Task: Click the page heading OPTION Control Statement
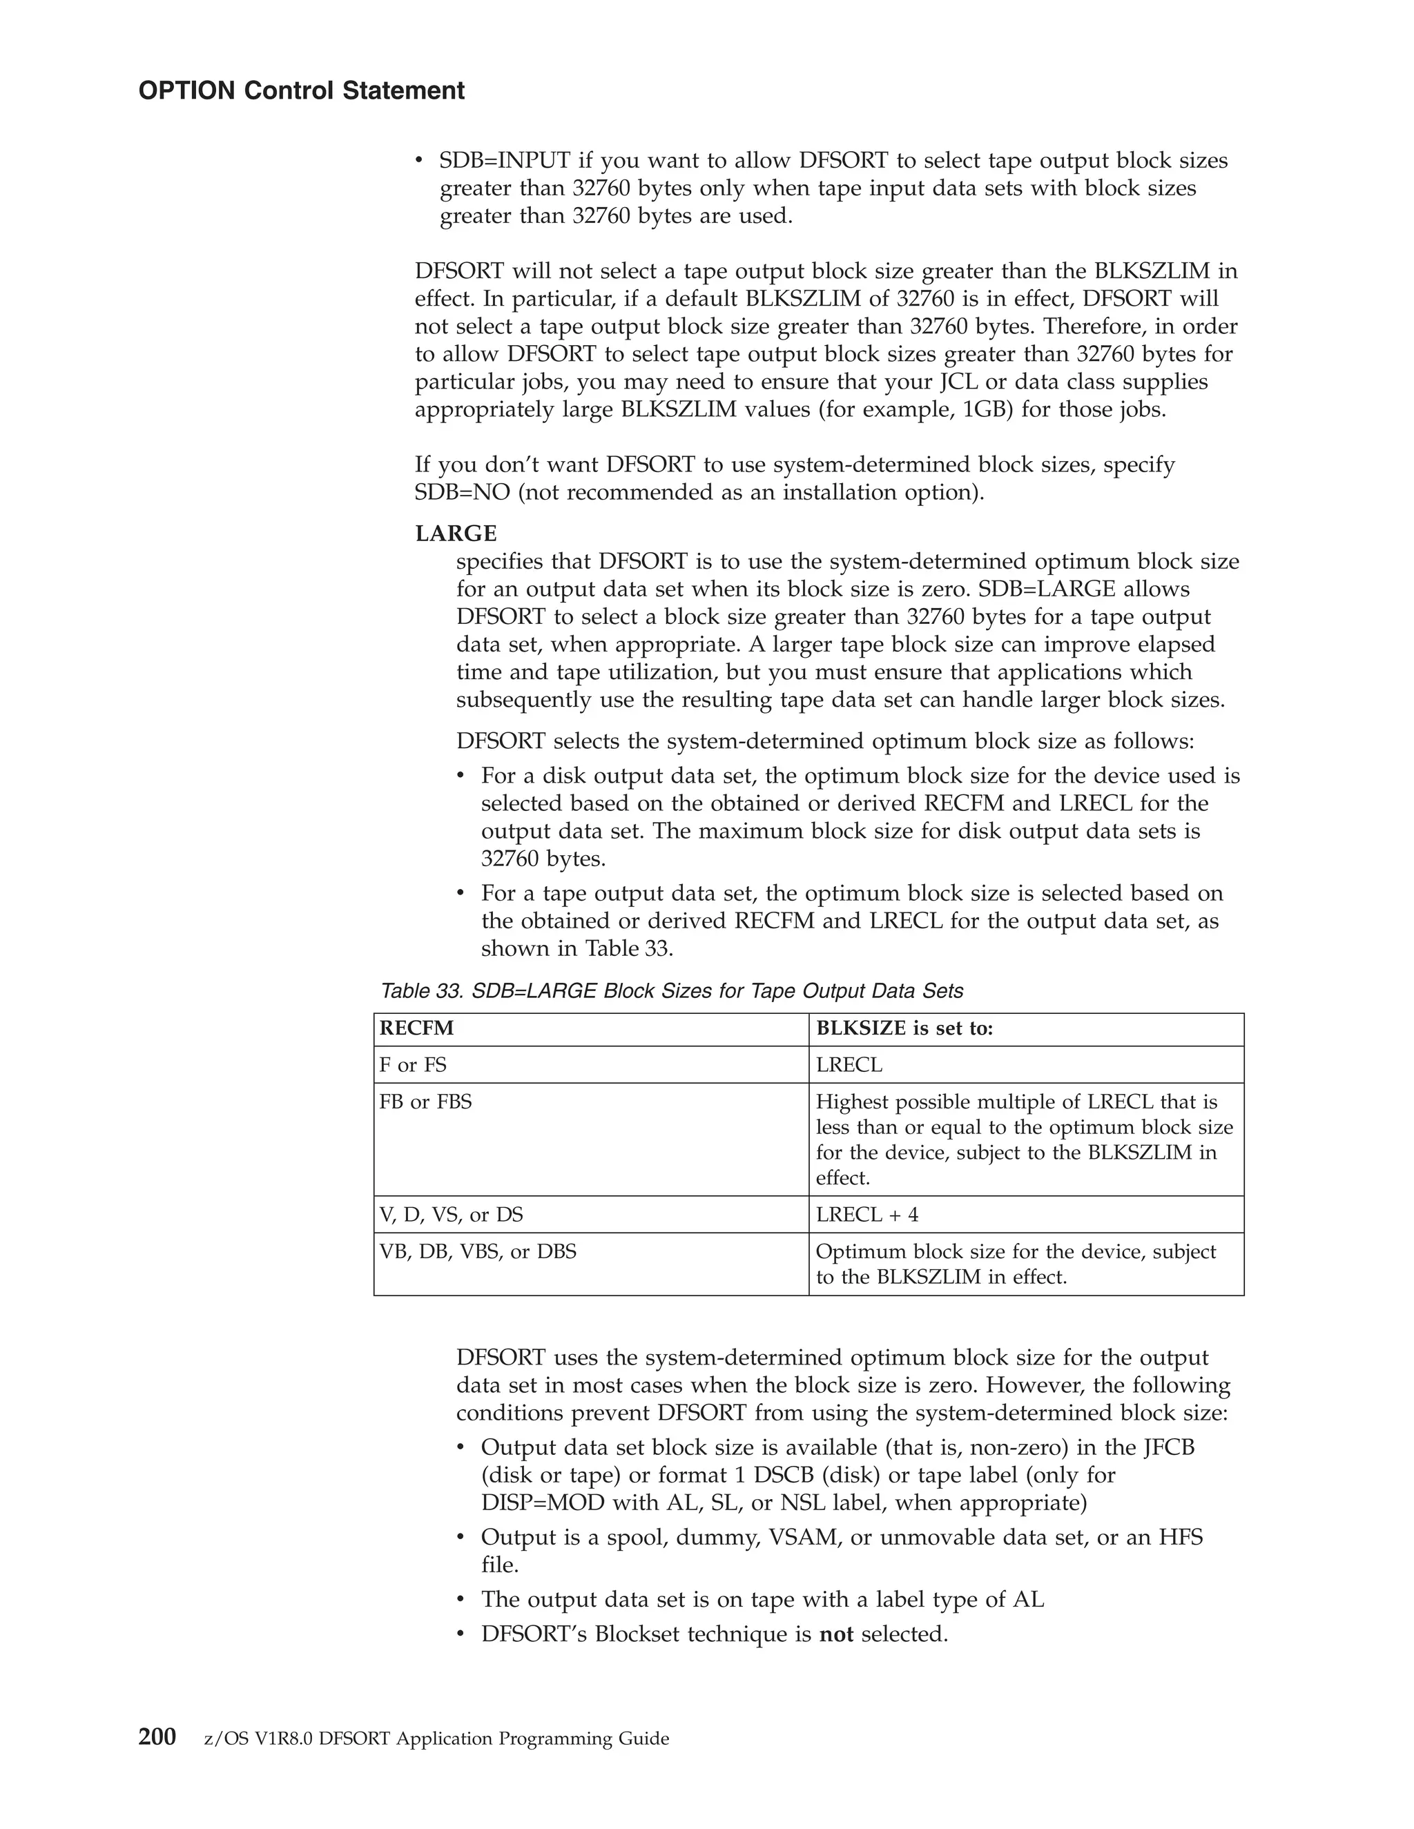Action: (x=301, y=90)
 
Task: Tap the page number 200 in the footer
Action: (x=157, y=1738)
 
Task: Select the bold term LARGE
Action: (x=456, y=534)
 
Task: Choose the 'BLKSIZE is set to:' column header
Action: (x=904, y=1028)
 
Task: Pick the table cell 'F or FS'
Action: (x=413, y=1065)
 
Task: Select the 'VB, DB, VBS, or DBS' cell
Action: (x=478, y=1252)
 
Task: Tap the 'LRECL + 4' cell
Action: (x=867, y=1214)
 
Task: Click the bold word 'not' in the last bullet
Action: (x=835, y=1634)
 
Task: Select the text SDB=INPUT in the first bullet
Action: (x=504, y=160)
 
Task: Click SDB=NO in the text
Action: (x=462, y=492)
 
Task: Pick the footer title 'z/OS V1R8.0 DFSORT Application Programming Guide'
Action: (x=436, y=1739)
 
